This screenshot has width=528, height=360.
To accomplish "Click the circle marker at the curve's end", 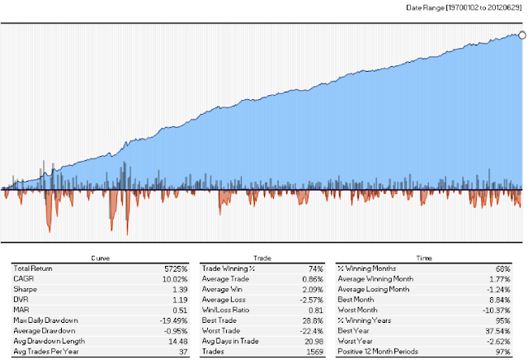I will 522,34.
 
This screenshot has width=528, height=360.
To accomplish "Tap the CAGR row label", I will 23,281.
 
